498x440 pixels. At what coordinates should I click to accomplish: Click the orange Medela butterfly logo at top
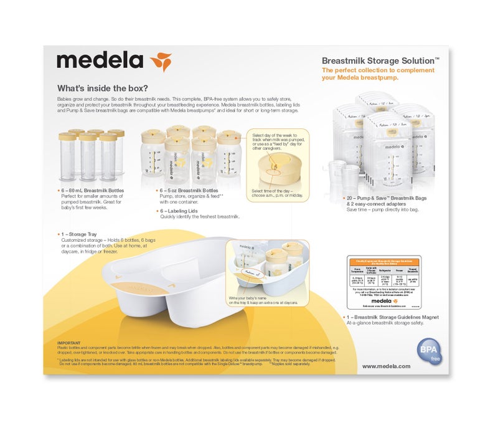[x=161, y=62]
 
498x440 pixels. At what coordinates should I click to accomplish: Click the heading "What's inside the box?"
[x=102, y=88]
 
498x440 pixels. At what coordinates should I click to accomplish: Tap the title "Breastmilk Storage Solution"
[x=380, y=60]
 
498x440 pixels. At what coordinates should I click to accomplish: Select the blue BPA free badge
[x=428, y=352]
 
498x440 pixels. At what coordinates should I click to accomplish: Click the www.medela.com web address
[x=386, y=366]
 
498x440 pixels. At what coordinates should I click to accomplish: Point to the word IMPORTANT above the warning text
[x=68, y=343]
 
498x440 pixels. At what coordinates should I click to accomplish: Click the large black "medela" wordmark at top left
[x=100, y=62]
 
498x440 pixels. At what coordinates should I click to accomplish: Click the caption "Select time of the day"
[x=277, y=191]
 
